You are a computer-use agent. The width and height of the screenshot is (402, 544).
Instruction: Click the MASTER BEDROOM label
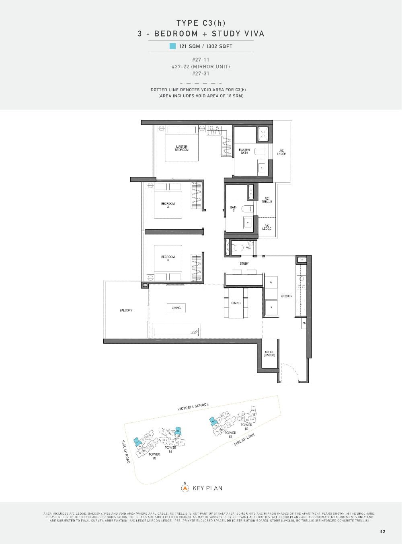point(181,148)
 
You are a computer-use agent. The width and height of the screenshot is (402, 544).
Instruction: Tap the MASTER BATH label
point(244,151)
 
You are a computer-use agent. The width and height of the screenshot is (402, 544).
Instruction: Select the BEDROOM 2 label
point(168,205)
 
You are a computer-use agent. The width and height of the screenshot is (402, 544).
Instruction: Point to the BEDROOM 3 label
point(168,258)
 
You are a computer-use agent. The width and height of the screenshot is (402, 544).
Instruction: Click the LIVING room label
point(176,308)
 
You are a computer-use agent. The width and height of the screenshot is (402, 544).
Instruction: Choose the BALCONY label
point(126,311)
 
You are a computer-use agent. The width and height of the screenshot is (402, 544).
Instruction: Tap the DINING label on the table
point(236,303)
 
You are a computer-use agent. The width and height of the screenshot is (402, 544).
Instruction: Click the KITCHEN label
point(287,296)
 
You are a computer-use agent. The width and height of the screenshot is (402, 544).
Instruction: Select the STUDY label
point(244,264)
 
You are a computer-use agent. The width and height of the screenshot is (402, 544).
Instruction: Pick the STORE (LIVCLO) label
point(269,354)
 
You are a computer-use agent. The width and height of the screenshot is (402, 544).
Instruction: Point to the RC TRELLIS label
point(267,200)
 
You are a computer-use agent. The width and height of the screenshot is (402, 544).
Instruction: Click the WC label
point(248,248)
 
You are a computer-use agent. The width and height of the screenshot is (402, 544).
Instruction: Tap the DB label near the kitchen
point(304,323)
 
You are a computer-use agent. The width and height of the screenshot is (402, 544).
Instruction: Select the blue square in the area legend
point(172,46)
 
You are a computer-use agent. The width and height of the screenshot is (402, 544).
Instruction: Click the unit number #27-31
point(201,74)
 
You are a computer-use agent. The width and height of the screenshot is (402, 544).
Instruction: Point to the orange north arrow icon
point(185,488)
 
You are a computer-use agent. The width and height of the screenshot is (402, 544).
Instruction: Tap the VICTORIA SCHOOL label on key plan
point(193,407)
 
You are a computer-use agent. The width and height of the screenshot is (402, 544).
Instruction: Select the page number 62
point(382,532)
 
